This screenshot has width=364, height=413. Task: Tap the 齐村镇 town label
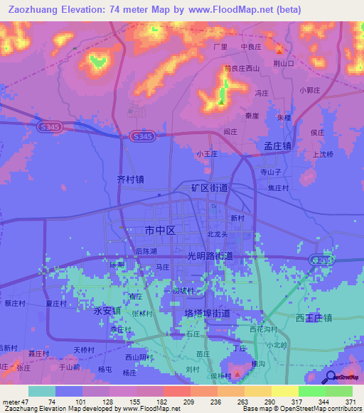pyautogui.click(x=129, y=180)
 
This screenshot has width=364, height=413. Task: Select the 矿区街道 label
pyautogui.click(x=210, y=188)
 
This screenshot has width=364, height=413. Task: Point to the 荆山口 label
pyautogui.click(x=284, y=63)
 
